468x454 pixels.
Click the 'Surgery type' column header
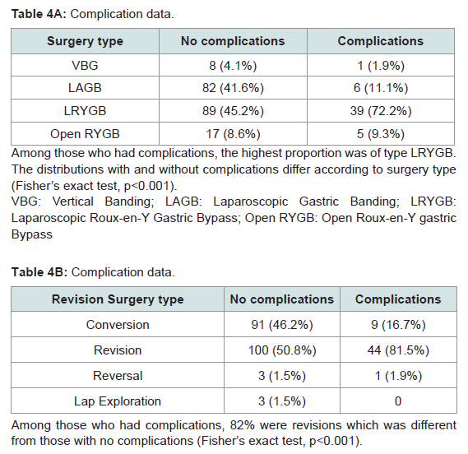tap(85, 41)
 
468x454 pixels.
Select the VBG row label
tap(85, 65)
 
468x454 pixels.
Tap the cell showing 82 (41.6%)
tap(233, 88)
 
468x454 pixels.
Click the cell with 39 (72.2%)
tap(381, 111)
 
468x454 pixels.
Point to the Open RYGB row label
tap(85, 134)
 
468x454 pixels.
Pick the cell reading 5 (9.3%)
tap(381, 134)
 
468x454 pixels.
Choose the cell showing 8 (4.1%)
tap(233, 65)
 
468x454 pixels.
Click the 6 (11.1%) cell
tap(381, 88)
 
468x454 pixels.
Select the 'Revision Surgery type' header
tap(118, 299)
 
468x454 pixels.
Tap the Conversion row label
tap(118, 324)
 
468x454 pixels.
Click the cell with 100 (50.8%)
tap(282, 350)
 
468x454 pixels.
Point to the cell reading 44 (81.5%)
tap(398, 350)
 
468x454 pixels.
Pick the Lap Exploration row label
tap(118, 401)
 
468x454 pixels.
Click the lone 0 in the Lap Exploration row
tap(398, 401)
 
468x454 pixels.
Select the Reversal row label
tap(118, 376)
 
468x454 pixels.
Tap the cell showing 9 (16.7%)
tap(398, 324)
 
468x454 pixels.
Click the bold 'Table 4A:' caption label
tap(39, 14)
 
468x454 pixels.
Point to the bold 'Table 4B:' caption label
tap(39, 272)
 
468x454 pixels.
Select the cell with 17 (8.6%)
tap(233, 134)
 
